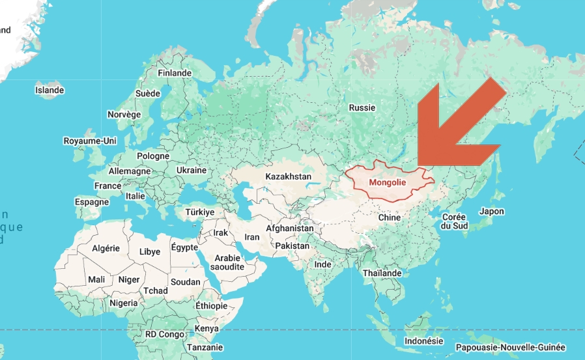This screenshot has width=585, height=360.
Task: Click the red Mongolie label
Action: (388, 183)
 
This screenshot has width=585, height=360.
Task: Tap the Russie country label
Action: (362, 107)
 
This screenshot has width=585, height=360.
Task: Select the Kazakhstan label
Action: (289, 176)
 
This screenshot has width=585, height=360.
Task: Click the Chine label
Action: (390, 217)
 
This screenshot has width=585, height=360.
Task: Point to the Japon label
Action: (491, 212)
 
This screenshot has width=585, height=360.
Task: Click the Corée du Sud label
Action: (454, 221)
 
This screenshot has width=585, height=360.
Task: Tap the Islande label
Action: (50, 90)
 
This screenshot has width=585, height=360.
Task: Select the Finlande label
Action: (175, 74)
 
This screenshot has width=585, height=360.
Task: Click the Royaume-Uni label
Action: (90, 141)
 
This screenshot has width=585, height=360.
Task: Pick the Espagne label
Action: (92, 202)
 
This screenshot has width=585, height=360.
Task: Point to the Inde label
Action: (322, 265)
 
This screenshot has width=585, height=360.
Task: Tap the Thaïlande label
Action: (382, 273)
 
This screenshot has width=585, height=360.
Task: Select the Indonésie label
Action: (423, 341)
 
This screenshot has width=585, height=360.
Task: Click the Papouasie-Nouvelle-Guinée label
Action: (511, 348)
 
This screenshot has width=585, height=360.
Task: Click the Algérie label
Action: (106, 248)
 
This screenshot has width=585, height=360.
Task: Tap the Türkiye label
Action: (200, 212)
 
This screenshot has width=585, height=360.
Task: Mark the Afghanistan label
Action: (290, 228)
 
